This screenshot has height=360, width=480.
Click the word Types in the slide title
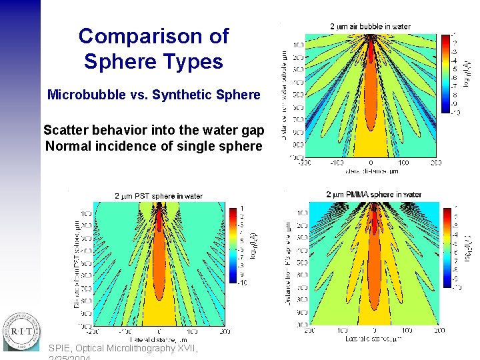pyautogui.click(x=191, y=62)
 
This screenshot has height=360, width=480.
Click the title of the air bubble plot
pyautogui.click(x=370, y=27)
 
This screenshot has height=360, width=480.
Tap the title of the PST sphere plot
pyautogui.click(x=159, y=196)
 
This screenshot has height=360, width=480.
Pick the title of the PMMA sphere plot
pyautogui.click(x=373, y=195)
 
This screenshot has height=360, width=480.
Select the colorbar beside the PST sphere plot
pyautogui.click(x=233, y=245)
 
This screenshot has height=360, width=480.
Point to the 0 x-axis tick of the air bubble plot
pyautogui.click(x=371, y=163)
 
